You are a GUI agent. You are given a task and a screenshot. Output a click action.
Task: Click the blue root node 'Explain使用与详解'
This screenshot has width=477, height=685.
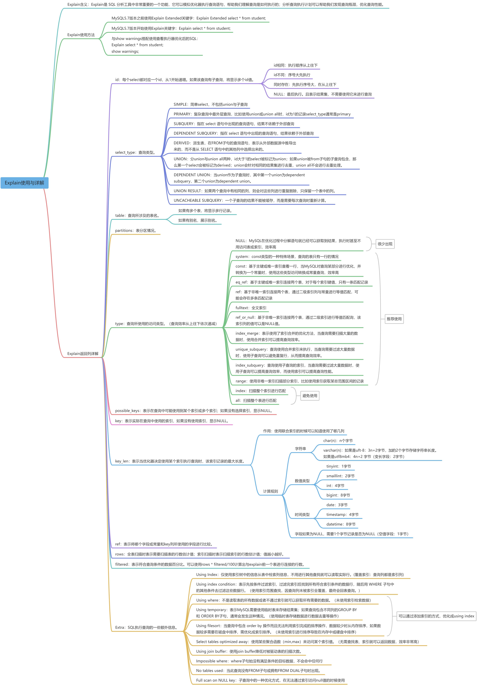point(24,183)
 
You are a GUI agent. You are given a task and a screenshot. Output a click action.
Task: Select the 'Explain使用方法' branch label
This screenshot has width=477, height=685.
point(81,35)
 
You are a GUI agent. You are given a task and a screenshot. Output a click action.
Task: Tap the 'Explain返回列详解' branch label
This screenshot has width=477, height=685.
point(83,353)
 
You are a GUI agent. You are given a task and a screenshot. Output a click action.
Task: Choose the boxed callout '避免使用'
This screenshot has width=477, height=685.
point(310,396)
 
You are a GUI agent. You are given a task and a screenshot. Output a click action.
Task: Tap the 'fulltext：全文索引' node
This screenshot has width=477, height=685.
point(251,308)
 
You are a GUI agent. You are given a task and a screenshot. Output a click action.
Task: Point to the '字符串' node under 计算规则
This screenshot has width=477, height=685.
point(300,449)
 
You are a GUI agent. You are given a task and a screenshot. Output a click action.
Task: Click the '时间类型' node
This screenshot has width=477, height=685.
point(302,515)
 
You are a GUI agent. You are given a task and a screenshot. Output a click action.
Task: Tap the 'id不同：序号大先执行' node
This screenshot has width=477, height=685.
point(292,75)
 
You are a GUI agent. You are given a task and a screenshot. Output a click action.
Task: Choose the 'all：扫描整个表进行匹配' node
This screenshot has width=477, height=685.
point(256,400)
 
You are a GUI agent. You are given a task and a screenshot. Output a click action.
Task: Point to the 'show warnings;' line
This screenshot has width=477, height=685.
point(125,51)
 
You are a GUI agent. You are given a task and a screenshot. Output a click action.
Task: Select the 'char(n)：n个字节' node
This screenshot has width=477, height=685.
point(338,441)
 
